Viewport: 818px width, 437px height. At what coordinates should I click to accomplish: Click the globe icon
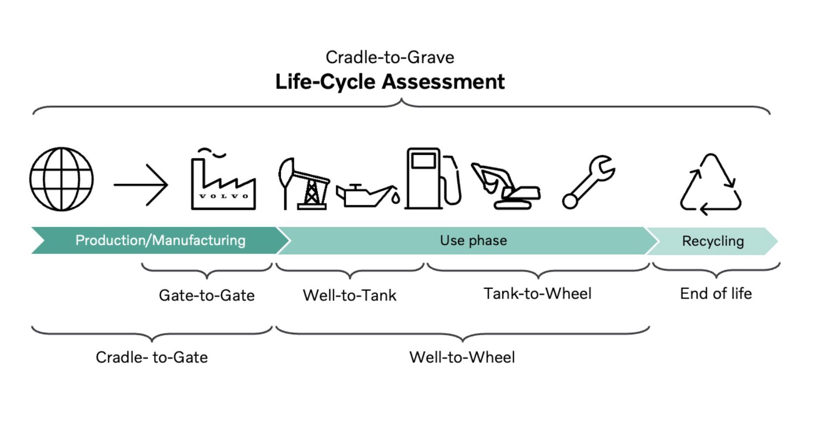click(62, 179)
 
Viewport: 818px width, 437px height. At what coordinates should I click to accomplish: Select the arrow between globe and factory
click(141, 185)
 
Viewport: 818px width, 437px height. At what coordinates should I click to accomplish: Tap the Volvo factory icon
click(223, 179)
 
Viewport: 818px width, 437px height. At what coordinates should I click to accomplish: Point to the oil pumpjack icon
click(304, 184)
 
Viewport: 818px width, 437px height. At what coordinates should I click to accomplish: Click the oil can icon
click(368, 195)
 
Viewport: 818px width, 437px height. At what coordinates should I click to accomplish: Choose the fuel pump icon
click(433, 178)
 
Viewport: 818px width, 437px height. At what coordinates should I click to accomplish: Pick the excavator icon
click(505, 186)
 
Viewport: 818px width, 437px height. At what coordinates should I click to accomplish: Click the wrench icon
click(589, 182)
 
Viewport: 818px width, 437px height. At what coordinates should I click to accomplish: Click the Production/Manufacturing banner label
click(160, 240)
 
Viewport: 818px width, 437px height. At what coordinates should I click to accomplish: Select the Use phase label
click(473, 240)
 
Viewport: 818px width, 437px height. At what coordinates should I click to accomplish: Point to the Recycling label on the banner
click(713, 241)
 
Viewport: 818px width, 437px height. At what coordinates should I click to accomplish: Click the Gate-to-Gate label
click(206, 295)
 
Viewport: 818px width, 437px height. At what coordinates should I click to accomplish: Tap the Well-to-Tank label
click(350, 295)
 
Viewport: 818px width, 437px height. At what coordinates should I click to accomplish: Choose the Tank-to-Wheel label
click(537, 294)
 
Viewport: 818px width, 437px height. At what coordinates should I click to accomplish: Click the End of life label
click(716, 294)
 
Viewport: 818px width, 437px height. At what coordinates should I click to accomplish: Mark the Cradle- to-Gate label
click(151, 357)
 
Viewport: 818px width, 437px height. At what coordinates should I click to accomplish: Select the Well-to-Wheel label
click(462, 357)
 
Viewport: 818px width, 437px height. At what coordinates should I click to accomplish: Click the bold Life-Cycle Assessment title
click(390, 82)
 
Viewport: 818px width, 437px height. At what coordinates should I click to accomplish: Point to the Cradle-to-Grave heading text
click(390, 57)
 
